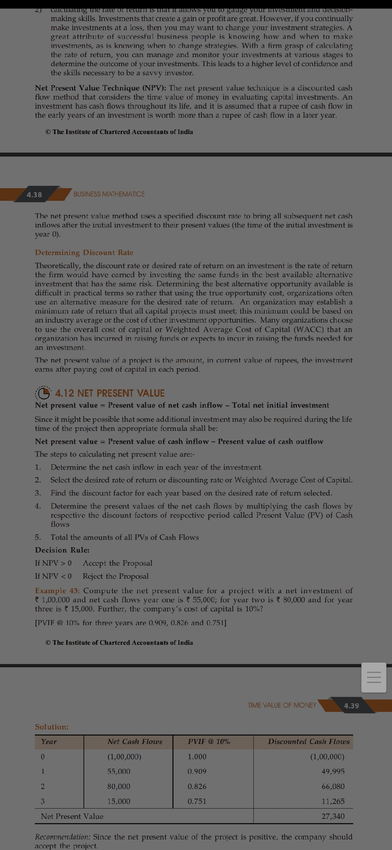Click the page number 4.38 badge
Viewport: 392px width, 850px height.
tap(34, 195)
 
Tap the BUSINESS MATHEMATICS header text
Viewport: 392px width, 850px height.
tap(109, 194)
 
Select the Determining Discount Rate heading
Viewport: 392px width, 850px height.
tap(84, 252)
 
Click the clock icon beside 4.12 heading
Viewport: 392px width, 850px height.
tap(44, 393)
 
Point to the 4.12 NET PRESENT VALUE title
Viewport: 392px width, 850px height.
tap(110, 393)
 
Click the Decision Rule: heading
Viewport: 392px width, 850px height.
tap(62, 550)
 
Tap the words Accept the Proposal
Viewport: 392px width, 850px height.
tap(118, 563)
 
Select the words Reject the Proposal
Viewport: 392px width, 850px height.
tap(116, 576)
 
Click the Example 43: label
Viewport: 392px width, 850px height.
tap(57, 591)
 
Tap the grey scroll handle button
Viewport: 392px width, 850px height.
tap(374, 677)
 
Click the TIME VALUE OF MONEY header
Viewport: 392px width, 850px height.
tap(282, 705)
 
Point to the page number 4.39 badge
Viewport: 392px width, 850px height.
tap(351, 706)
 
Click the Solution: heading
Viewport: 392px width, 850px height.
tap(52, 727)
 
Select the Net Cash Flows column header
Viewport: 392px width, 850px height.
tap(135, 742)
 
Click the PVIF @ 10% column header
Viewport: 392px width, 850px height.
tap(209, 742)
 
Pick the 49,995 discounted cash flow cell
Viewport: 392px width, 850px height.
tap(333, 771)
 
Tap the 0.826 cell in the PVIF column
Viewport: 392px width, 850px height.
tap(197, 786)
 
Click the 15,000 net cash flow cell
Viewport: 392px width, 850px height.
tap(119, 801)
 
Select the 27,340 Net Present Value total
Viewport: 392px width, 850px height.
tap(333, 816)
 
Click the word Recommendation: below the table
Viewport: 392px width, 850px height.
tap(62, 837)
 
